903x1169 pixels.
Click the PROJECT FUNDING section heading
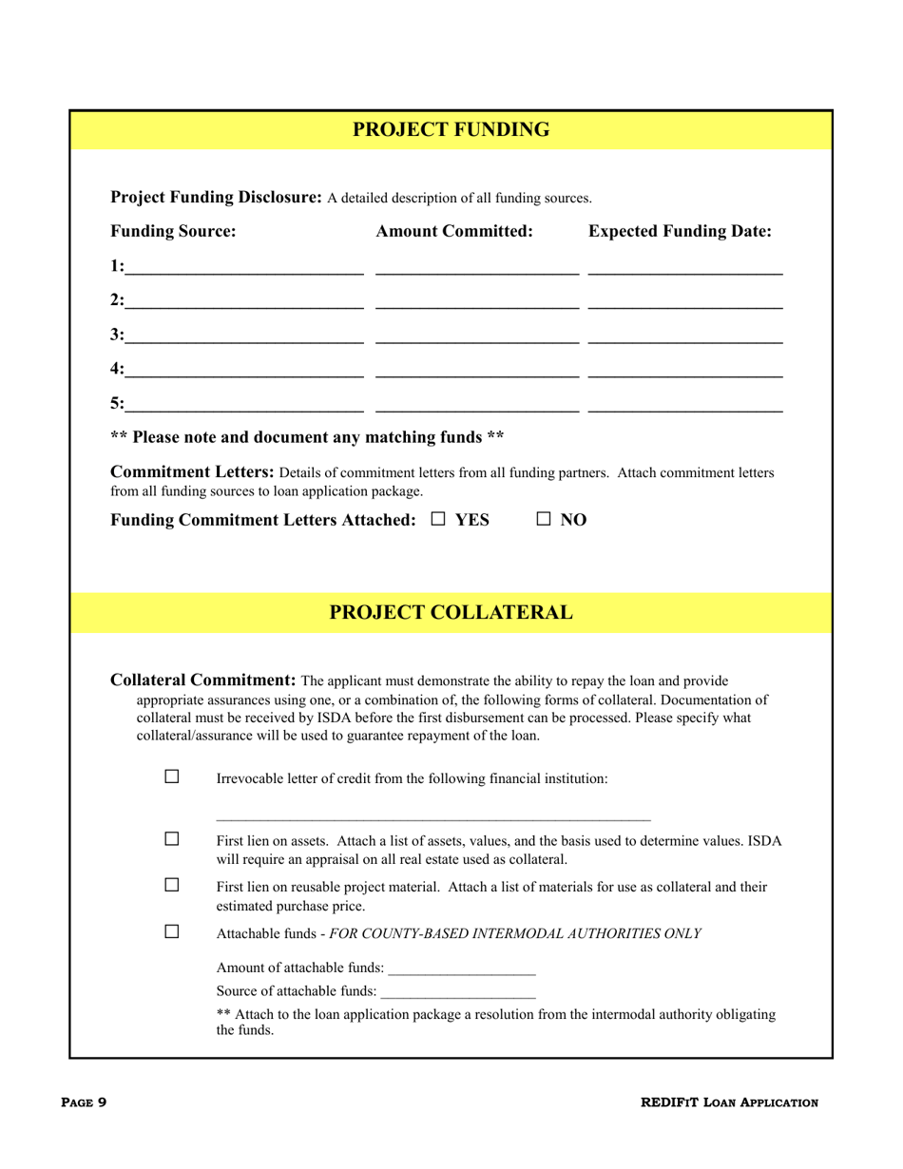[x=451, y=130]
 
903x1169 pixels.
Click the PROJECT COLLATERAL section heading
[x=451, y=613]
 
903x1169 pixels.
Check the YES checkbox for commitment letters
[x=438, y=520]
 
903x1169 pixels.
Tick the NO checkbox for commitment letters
[x=545, y=520]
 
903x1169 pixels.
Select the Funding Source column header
[x=173, y=231]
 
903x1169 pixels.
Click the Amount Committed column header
[x=453, y=231]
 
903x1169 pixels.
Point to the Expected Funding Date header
[x=680, y=231]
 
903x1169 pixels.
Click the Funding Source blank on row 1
[x=244, y=267]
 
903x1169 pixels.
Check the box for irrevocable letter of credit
[x=172, y=776]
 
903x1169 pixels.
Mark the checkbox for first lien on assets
[x=172, y=839]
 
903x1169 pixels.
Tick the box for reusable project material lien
[x=172, y=885]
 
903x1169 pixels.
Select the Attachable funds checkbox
[x=172, y=931]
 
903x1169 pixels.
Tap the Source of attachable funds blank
[x=457, y=991]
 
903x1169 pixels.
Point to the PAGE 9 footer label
[x=84, y=1102]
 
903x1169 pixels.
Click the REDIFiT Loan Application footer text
[x=729, y=1102]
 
